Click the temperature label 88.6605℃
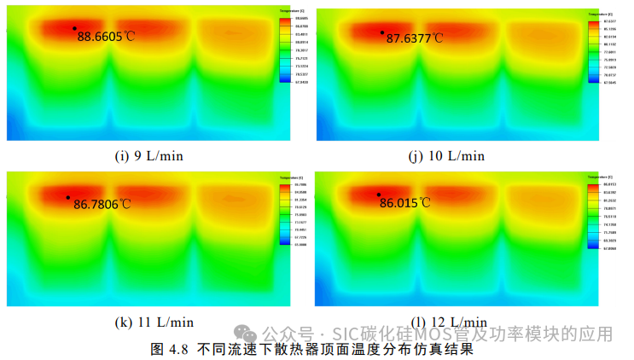[106, 37]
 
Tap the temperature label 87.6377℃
[415, 38]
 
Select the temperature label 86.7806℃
[102, 204]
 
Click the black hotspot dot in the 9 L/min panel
[74, 28]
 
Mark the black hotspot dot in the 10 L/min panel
[382, 32]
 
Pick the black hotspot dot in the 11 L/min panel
[67, 197]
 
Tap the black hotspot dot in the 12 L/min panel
[378, 195]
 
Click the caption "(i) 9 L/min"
[148, 155]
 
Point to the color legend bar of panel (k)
[284, 216]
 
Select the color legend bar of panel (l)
[594, 216]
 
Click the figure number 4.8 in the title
[177, 349]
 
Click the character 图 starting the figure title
[156, 349]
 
